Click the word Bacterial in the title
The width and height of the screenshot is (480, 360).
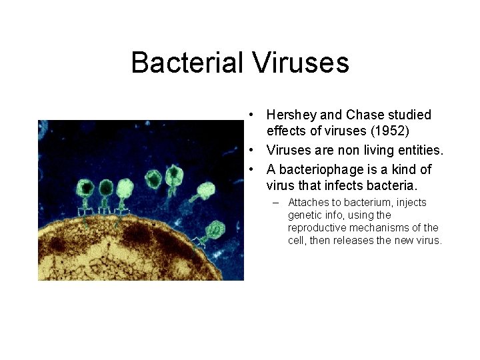pyautogui.click(x=187, y=63)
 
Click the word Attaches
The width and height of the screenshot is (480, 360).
pyautogui.click(x=309, y=203)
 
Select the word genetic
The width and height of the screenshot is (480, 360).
pyautogui.click(x=304, y=215)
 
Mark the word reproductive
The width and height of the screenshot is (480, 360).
pyautogui.click(x=317, y=228)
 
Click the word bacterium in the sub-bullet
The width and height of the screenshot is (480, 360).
pyautogui.click(x=367, y=203)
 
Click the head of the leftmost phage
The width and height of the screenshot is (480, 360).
pyautogui.click(x=87, y=187)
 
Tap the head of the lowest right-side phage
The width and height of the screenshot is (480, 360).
pyautogui.click(x=215, y=230)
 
